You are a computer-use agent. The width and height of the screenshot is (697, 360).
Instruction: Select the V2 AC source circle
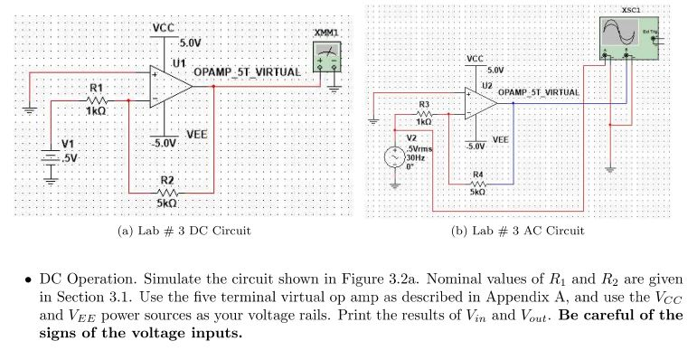pyautogui.click(x=395, y=156)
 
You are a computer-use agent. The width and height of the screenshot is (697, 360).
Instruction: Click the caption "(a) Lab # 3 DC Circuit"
pyautogui.click(x=184, y=232)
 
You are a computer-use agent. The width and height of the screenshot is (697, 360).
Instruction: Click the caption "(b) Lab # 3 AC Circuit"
pyautogui.click(x=517, y=232)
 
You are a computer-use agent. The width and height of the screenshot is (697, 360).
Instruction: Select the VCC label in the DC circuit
pyautogui.click(x=163, y=27)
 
